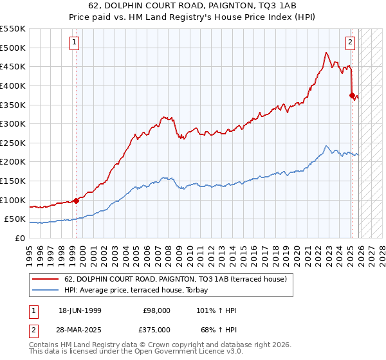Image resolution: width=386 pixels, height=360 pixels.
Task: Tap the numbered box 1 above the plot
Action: pos(75,43)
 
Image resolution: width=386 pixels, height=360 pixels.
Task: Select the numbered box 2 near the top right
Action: pos(351,43)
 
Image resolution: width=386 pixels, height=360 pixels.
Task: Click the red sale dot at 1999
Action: pos(77,200)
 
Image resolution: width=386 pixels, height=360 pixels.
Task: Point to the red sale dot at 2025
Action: pos(352,95)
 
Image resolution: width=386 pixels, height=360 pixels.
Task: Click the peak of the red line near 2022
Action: pos(327,53)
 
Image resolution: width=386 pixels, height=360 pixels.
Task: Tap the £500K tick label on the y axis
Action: pos(13,48)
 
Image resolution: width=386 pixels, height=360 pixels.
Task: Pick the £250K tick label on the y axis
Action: pos(13,143)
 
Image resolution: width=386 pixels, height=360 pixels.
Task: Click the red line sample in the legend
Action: pos(46,278)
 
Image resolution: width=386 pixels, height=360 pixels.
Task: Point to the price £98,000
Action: pos(156,310)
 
